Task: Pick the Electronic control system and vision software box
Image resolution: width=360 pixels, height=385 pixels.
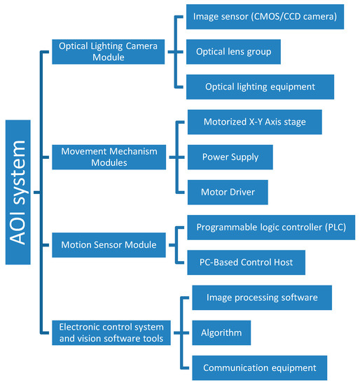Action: point(112,332)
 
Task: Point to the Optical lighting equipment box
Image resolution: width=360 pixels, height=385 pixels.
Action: point(260,87)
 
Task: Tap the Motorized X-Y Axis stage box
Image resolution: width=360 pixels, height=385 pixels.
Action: point(256,122)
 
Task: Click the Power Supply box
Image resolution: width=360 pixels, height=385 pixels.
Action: point(230,157)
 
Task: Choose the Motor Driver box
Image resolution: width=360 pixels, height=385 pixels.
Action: point(228,191)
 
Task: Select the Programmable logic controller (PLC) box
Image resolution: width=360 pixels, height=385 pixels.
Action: point(271,227)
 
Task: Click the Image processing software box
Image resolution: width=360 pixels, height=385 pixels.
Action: point(261,297)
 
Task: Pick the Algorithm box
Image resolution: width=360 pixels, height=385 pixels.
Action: point(222,332)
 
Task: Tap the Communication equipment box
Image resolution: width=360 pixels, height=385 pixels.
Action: point(259,367)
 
